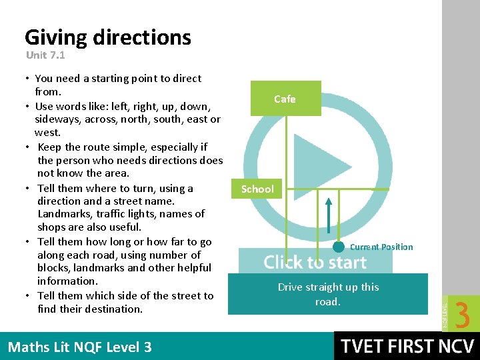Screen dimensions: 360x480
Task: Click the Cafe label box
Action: click(285, 99)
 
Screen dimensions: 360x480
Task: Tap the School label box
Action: click(257, 189)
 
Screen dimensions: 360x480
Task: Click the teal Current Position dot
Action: click(339, 247)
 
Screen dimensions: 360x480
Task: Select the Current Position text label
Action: click(381, 247)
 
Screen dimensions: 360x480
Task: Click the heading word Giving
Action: click(56, 37)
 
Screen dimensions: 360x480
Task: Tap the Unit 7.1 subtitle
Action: click(45, 55)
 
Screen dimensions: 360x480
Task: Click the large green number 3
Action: click(462, 314)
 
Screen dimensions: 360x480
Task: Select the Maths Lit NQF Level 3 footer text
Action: click(79, 347)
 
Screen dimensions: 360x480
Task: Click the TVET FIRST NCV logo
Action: click(407, 346)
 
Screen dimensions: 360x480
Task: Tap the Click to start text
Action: click(315, 262)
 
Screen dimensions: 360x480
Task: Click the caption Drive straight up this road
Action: click(328, 294)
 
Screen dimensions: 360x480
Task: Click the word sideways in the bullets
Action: click(57, 119)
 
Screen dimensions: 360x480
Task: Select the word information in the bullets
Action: click(67, 281)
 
